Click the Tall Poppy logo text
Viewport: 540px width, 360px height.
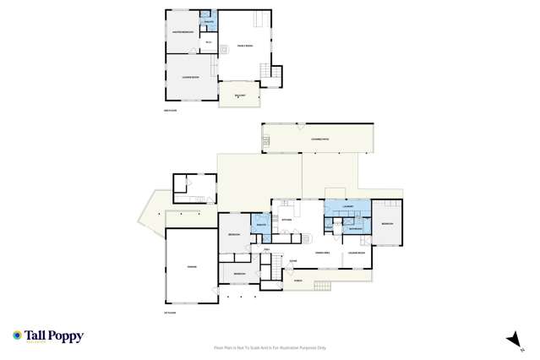pos(53,336)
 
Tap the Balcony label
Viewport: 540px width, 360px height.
pos(239,96)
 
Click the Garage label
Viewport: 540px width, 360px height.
pos(192,268)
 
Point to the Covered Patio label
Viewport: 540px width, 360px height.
pos(320,138)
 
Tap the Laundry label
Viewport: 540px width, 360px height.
pos(346,206)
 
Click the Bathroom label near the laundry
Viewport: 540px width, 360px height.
pos(356,228)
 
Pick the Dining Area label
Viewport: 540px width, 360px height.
pos(322,253)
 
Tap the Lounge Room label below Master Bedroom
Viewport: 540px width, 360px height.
pos(190,78)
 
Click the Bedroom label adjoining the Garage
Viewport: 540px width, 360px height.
pos(239,274)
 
